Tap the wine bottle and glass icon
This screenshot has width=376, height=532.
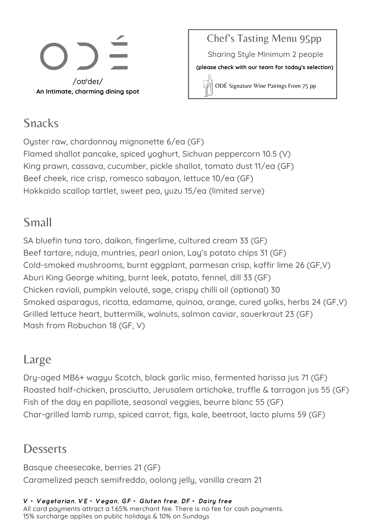pos(208,85)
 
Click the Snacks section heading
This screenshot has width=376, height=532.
pos(41,123)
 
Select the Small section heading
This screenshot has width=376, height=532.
pos(37,222)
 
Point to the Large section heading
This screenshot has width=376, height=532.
pos(37,359)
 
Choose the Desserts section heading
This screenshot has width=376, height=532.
pos(45,449)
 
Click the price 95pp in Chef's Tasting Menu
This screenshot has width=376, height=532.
pos(310,39)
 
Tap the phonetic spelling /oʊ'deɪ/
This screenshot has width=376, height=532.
pos(88,81)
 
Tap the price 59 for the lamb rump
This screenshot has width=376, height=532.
pos(302,415)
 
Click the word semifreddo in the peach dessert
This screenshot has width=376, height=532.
pos(123,480)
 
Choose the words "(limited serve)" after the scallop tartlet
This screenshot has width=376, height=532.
pos(237,191)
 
